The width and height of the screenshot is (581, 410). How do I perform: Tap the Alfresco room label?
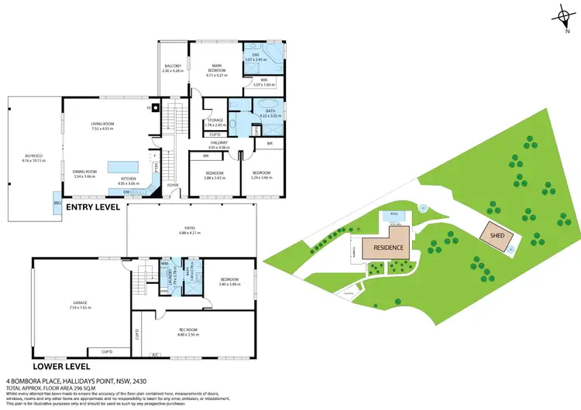tap(35, 158)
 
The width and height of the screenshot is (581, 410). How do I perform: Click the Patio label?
tap(189, 230)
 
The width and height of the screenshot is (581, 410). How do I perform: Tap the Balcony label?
tap(173, 68)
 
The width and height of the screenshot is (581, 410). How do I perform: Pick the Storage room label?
tap(215, 122)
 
